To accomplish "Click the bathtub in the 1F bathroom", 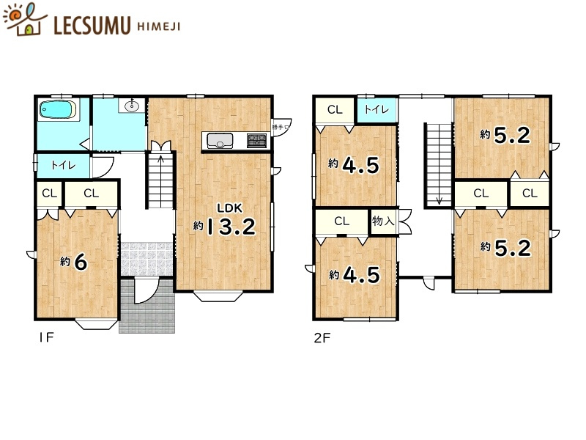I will pos(56,111).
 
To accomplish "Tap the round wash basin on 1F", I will pos(132,106).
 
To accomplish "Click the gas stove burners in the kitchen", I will pos(256,139).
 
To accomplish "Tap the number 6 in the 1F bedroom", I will pos(81,262).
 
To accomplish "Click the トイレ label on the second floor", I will pos(377,110).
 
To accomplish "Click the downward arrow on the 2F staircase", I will pos(439,197).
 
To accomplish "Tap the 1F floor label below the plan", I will pos(45,338).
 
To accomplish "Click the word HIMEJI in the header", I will pos(157,26).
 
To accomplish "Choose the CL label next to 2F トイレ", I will pos(335,110).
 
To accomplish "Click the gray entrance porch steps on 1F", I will pos(149,309).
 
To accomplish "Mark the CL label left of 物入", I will pos(342,221).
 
